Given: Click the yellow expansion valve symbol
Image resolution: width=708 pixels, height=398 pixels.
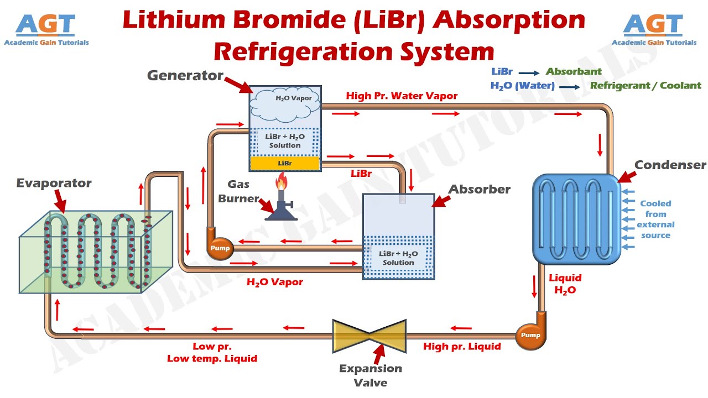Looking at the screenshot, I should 369,336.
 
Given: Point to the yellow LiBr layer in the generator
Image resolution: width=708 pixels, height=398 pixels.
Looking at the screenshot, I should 285,164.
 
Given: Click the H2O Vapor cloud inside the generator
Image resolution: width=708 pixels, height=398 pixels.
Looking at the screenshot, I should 285,102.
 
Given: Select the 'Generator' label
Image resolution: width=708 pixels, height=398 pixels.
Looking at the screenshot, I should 185,76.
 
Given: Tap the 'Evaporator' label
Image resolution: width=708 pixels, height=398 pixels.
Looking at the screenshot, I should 54,183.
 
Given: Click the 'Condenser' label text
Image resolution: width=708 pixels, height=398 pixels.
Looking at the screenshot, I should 670,165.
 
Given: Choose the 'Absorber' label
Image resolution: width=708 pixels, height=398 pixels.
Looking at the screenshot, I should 479,189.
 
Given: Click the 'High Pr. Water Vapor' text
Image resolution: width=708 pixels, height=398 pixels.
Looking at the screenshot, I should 402,96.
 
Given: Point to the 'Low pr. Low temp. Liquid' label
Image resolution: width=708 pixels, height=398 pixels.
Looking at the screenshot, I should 212,353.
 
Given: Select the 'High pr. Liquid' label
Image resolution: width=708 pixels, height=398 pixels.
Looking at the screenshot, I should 462,347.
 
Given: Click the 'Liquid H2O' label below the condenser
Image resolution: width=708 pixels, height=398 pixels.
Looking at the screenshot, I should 565,284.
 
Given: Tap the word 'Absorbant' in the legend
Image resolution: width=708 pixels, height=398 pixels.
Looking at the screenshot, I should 574,71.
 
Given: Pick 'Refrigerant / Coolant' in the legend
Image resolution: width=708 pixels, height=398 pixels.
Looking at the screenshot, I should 645,86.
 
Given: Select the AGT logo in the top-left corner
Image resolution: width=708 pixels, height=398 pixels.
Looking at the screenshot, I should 46,29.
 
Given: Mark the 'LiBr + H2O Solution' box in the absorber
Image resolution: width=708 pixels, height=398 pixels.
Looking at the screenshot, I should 398,258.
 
